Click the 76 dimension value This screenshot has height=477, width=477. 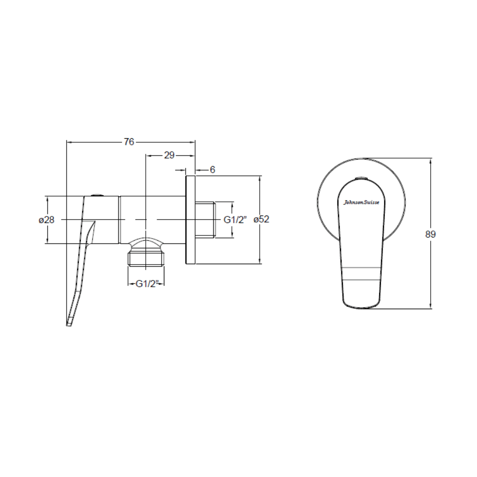point(129,142)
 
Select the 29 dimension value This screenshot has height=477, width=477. point(169,155)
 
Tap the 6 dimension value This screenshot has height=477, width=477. point(212,170)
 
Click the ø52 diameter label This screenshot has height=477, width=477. point(261,220)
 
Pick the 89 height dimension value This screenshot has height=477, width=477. point(430,234)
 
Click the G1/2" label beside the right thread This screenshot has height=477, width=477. point(235,220)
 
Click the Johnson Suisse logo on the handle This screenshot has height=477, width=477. point(361,202)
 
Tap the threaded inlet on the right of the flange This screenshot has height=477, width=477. point(205,220)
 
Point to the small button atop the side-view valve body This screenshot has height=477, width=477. point(96,194)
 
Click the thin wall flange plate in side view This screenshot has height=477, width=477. point(190,220)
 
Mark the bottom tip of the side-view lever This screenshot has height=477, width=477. point(68,324)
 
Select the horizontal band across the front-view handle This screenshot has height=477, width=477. point(361,273)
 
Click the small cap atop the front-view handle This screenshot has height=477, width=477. point(361,178)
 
